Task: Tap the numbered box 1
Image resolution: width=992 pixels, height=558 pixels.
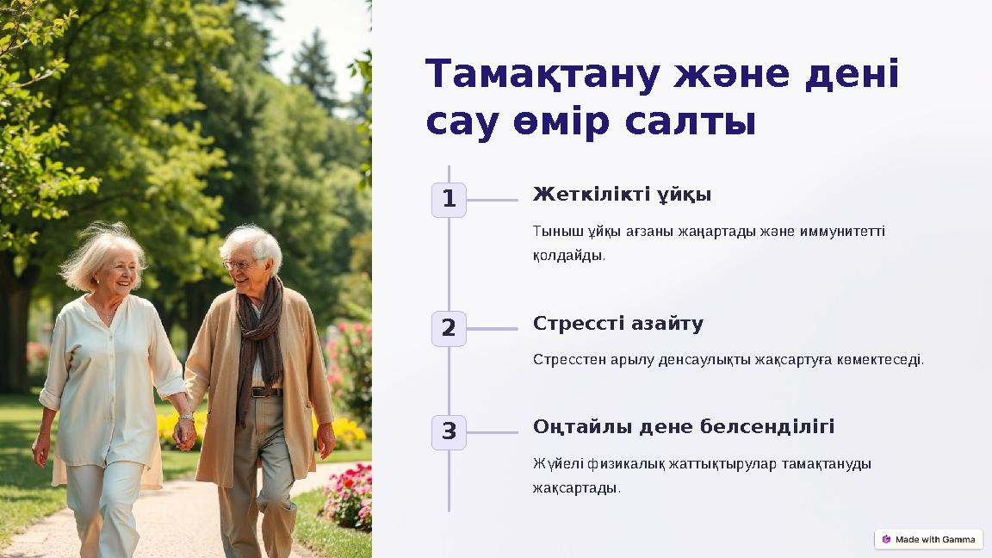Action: (x=449, y=200)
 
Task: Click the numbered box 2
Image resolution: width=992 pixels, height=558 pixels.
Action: (x=449, y=329)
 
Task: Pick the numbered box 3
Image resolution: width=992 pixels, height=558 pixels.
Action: (x=449, y=432)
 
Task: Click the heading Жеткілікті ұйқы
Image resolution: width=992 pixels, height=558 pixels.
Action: (x=622, y=195)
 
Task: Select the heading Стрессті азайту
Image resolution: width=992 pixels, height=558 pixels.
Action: (x=617, y=324)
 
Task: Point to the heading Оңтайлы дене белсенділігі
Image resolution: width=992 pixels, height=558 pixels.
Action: (x=683, y=427)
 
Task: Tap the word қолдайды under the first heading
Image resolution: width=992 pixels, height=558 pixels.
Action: (x=567, y=256)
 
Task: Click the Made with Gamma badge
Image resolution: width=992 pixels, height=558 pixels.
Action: (x=928, y=539)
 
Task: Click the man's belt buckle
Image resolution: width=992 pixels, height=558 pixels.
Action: (x=256, y=392)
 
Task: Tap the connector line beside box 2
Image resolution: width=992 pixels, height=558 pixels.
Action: (x=492, y=329)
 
